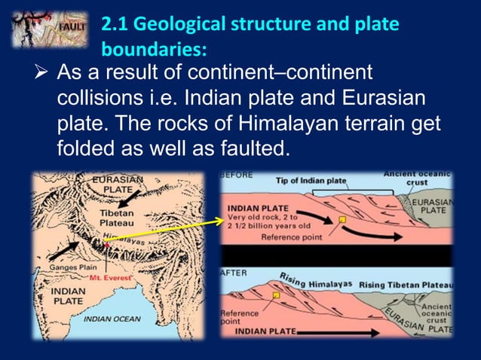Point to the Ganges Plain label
point(69,266)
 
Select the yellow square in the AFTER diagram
point(277,295)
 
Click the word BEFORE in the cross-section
point(237,175)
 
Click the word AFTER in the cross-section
point(233,272)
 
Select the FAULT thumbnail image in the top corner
point(45,29)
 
